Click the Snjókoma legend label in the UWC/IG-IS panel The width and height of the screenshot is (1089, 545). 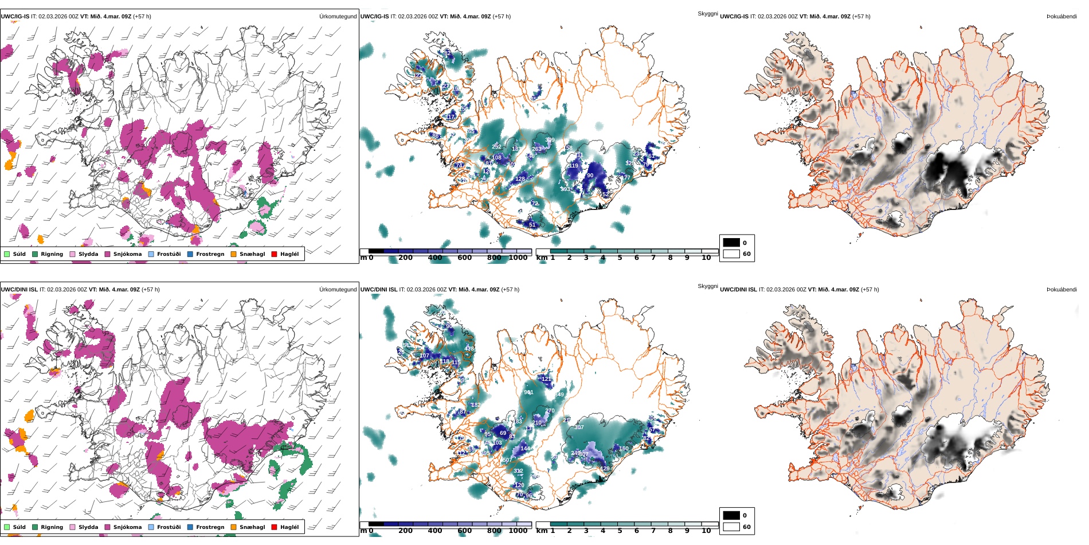(x=127, y=254)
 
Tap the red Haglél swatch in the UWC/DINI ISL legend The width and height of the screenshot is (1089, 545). (x=274, y=527)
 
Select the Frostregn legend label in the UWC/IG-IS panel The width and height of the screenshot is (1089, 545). (x=210, y=254)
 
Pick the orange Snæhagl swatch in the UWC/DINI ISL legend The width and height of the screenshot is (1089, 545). (x=233, y=527)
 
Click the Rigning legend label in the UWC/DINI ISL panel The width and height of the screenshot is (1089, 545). (x=52, y=527)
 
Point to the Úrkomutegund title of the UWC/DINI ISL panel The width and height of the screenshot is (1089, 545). (x=338, y=290)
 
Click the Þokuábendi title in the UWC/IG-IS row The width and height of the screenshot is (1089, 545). (x=1061, y=17)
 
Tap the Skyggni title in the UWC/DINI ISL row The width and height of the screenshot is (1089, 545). (x=707, y=286)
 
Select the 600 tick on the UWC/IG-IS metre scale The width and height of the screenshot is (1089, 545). (x=464, y=258)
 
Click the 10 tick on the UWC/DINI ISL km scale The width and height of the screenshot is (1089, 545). (x=706, y=531)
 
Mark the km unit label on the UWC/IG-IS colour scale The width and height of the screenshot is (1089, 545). (x=542, y=258)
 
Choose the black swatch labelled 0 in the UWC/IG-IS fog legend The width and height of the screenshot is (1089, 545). (x=731, y=243)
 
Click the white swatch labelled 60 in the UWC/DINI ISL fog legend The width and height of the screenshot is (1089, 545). (x=731, y=527)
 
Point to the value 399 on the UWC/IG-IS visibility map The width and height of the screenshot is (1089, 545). (x=550, y=140)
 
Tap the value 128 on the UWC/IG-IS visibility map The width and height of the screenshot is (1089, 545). (x=520, y=179)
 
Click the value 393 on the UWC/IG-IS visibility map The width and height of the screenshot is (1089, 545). (x=565, y=189)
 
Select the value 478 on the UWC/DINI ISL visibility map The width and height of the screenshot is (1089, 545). (x=469, y=349)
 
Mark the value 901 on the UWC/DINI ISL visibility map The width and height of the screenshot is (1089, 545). (x=528, y=392)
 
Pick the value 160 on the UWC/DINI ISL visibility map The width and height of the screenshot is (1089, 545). (x=624, y=449)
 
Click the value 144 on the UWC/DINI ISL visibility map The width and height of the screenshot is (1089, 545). (x=525, y=449)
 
